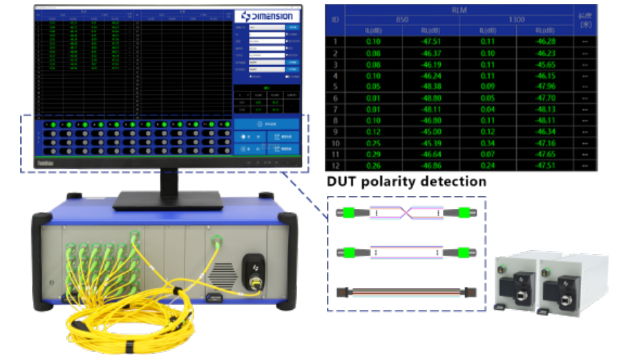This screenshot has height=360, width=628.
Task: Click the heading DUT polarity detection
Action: point(406,182)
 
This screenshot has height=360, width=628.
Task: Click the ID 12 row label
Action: point(334,165)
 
